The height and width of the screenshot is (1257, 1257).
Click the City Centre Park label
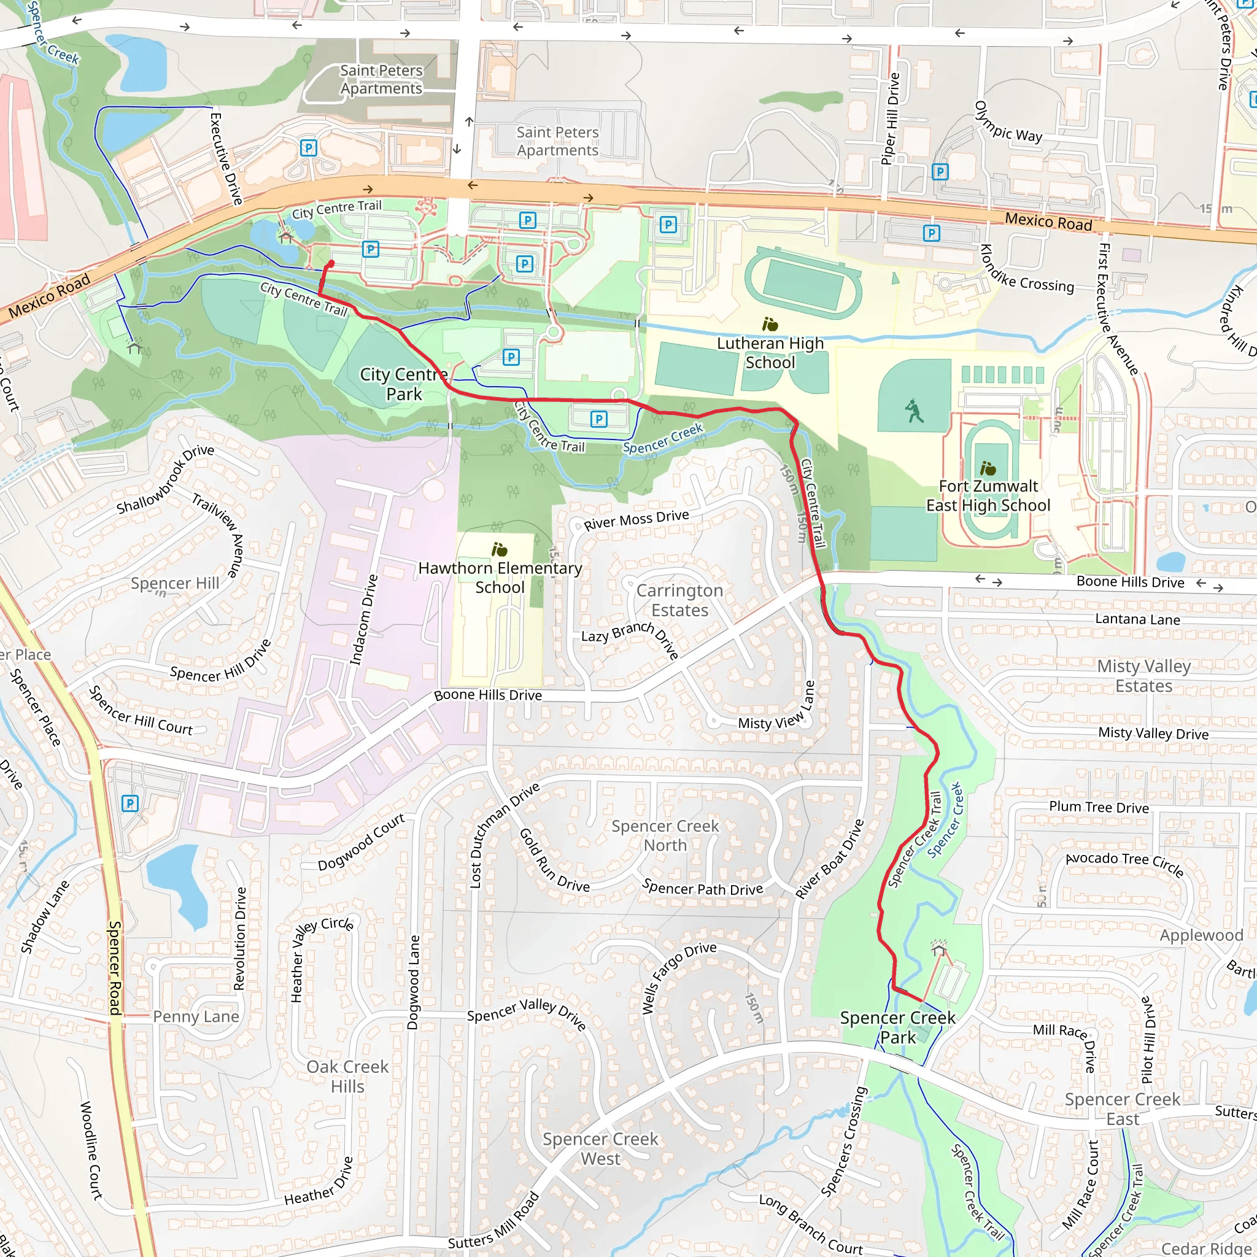(x=403, y=384)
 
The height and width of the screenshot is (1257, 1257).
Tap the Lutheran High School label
(x=770, y=353)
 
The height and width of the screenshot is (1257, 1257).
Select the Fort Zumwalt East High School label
(x=988, y=496)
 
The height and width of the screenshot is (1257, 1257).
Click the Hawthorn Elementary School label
(x=500, y=577)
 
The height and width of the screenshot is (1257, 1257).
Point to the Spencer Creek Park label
(x=897, y=1027)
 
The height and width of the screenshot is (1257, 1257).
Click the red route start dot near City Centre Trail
(x=331, y=263)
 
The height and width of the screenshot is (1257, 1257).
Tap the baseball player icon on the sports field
(x=914, y=411)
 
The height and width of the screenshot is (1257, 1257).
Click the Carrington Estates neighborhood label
(x=679, y=600)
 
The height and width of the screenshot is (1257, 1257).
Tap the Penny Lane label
(x=196, y=1016)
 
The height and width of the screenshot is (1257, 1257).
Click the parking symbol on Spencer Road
(x=130, y=803)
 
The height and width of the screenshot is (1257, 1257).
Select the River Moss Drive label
(x=636, y=520)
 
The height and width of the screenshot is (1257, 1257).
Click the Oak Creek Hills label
(x=347, y=1076)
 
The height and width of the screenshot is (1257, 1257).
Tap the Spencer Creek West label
(x=600, y=1148)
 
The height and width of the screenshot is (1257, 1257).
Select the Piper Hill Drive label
(x=890, y=118)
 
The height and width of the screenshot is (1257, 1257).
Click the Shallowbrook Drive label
(x=165, y=479)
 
